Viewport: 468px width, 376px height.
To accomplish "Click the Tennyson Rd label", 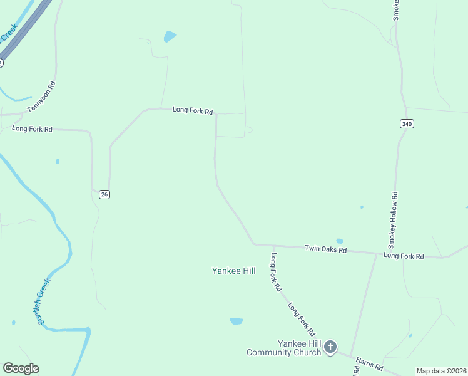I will [x=42, y=97].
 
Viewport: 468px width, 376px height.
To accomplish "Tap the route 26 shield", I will [x=104, y=194].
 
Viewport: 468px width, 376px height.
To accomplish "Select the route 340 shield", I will [x=407, y=124].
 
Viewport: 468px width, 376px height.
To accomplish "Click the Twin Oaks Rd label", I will [x=325, y=249].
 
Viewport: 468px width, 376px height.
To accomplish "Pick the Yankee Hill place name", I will [x=233, y=271].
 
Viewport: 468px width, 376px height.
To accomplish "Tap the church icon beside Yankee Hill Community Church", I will [x=330, y=347].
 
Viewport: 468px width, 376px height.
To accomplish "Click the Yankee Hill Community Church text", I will [x=283, y=348].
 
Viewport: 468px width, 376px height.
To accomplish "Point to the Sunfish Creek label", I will [x=43, y=301].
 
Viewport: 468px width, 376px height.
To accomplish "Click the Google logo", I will [x=21, y=368].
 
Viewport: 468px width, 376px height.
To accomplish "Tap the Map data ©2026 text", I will [x=441, y=371].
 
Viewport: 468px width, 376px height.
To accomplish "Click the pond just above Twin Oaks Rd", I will [x=340, y=241].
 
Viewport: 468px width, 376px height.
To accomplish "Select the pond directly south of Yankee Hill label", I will [x=237, y=321].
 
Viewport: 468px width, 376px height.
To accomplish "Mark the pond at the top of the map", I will [x=170, y=36].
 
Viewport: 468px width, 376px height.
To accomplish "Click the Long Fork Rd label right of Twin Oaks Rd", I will [x=404, y=256].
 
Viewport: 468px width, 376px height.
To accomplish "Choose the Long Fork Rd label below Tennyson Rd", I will [x=32, y=128].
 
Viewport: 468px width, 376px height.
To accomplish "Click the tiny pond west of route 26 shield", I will [x=58, y=161].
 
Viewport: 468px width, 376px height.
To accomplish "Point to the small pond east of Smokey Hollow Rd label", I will [x=362, y=207].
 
